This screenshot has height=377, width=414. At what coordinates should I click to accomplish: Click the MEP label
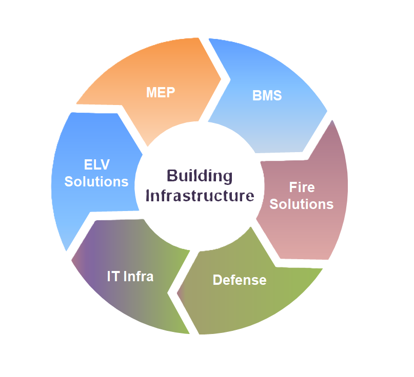coord(160,92)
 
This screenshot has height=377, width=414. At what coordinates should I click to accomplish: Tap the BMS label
coord(267,95)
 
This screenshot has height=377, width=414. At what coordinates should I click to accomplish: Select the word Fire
coord(301,187)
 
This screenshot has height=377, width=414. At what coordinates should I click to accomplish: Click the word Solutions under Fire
coord(301,204)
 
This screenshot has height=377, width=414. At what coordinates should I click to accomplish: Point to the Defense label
coord(240,280)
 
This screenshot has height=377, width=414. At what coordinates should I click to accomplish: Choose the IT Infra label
coord(130,276)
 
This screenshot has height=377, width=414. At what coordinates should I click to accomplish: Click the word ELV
coord(96,164)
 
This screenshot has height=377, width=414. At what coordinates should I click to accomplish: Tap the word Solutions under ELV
coord(96,181)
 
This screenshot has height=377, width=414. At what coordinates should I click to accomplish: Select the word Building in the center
coord(200,176)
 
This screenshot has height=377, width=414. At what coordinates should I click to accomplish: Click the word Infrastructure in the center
coord(200,196)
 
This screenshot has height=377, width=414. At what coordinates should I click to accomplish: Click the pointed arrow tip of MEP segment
coord(221,79)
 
